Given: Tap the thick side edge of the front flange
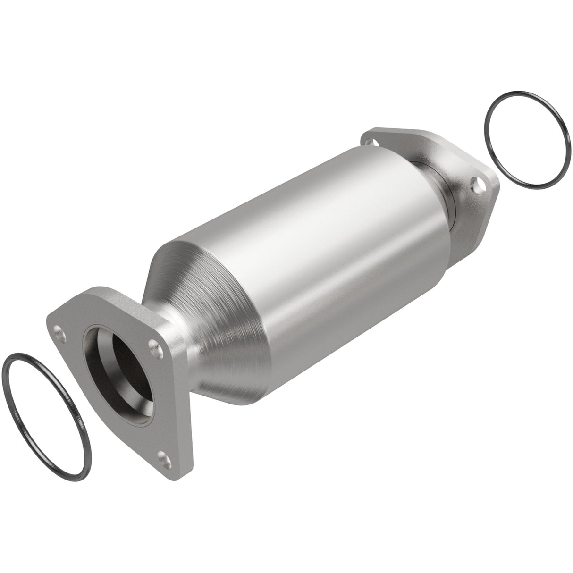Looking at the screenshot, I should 184,415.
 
